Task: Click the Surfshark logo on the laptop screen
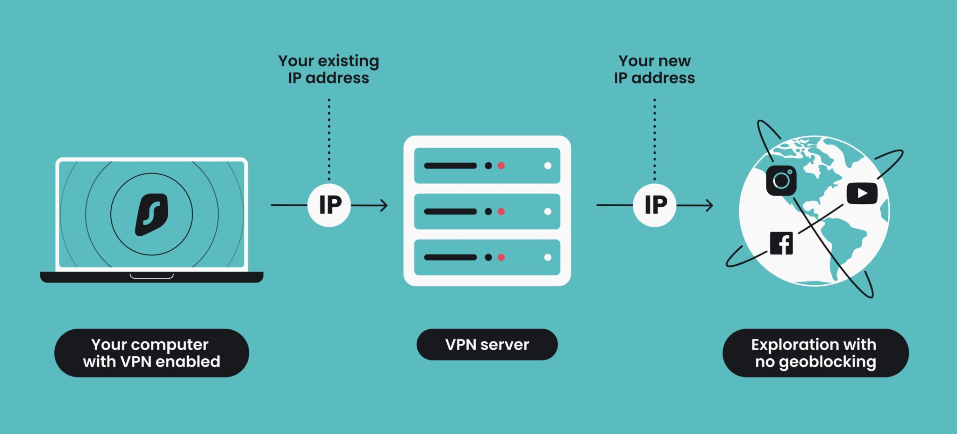click(151, 214)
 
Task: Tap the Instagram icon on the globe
click(781, 181)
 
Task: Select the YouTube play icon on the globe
click(862, 193)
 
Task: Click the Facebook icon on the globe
click(781, 243)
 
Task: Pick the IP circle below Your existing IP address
click(329, 205)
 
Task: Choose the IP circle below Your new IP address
click(655, 205)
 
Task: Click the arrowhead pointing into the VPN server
click(384, 205)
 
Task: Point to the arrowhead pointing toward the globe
click(709, 205)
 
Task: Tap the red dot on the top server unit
click(501, 166)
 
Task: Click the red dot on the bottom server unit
click(501, 257)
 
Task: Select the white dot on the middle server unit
click(548, 211)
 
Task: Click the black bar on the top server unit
click(450, 166)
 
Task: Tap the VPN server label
click(487, 345)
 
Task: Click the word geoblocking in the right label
click(827, 362)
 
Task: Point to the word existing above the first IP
click(348, 61)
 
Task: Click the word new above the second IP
click(674, 61)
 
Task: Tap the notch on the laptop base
click(151, 276)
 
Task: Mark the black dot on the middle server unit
click(488, 211)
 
